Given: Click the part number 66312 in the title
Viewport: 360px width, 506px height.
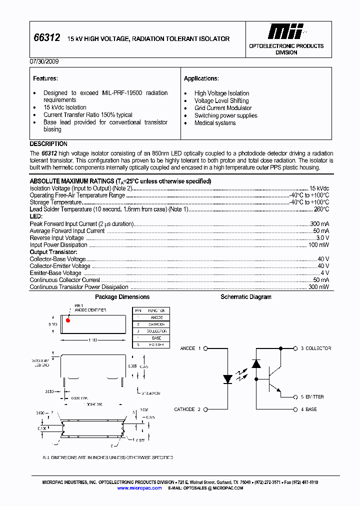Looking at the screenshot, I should click(46, 38).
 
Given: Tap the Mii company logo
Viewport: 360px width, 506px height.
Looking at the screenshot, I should click(285, 31).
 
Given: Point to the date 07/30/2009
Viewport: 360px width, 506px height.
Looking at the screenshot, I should click(44, 62).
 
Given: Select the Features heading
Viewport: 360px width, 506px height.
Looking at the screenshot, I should click(45, 78).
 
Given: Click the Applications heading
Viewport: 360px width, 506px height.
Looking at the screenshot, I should click(201, 78).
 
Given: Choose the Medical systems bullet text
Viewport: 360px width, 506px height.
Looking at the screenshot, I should click(215, 123).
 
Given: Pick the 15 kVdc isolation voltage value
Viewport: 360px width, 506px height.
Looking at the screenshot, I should click(319, 188).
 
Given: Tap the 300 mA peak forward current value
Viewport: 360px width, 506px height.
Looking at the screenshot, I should click(319, 224).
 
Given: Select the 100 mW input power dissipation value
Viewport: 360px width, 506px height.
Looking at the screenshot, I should click(318, 245).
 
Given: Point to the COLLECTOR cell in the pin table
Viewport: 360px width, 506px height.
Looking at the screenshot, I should click(156, 331).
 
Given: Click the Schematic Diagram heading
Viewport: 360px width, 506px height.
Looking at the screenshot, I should click(246, 297).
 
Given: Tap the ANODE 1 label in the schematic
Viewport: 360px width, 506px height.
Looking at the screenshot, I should click(190, 348).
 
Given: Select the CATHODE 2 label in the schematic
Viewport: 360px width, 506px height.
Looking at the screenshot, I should click(187, 409).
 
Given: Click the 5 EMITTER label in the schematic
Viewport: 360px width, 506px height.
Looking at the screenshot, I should click(312, 397).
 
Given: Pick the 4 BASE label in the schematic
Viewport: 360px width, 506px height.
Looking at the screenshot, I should click(308, 409).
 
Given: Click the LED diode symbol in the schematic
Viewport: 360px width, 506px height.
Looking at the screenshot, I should click(226, 379).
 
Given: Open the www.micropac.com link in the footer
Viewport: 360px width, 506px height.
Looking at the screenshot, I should click(139, 488).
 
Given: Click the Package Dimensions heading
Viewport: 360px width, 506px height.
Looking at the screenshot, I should click(122, 297).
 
